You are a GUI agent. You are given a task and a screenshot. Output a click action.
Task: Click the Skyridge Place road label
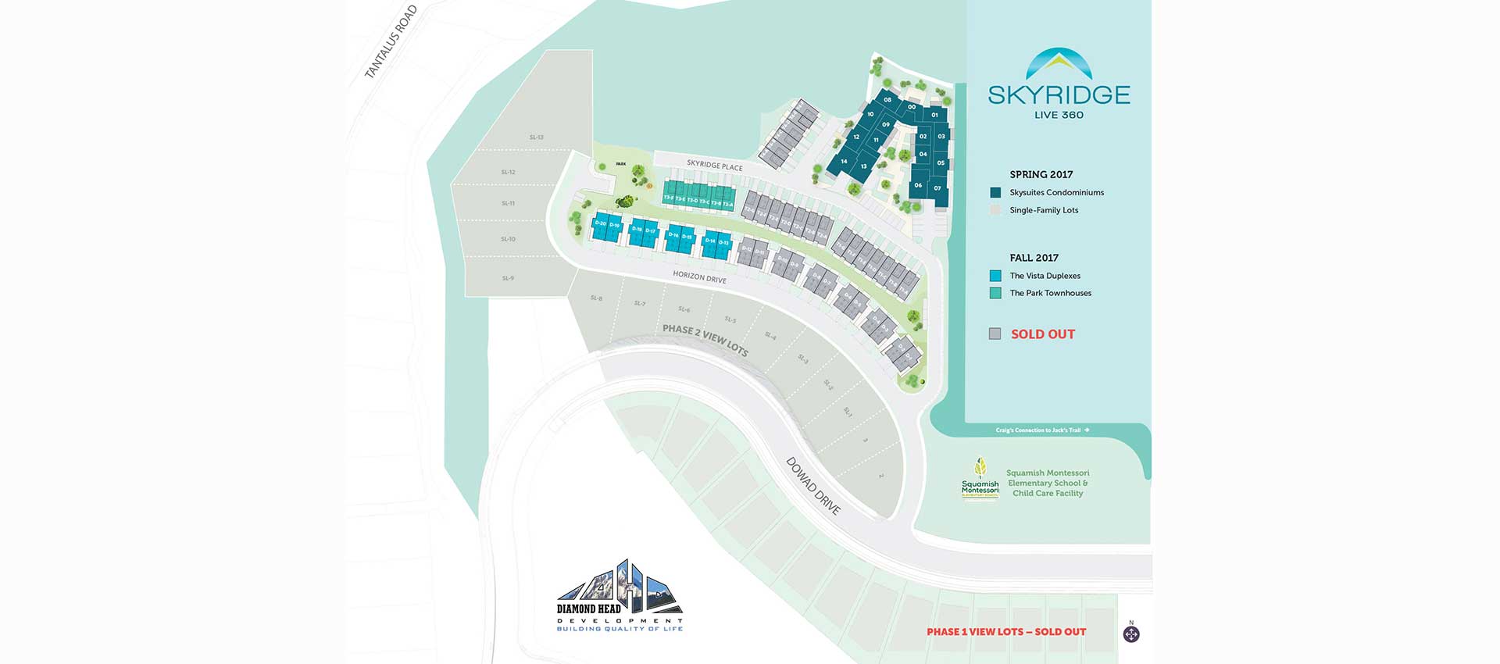point(714,166)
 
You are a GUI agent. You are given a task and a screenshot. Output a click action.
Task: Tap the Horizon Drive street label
point(699,277)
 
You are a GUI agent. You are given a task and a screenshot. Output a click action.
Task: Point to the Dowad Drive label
point(813,486)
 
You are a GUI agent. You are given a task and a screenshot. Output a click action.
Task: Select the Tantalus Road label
point(391,42)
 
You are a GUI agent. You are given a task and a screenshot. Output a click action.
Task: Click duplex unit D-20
point(600,224)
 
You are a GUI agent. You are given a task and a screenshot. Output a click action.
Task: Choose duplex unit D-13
point(724,243)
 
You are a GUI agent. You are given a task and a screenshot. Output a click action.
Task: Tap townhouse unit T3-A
point(728,204)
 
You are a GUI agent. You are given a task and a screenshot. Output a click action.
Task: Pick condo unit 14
point(844,162)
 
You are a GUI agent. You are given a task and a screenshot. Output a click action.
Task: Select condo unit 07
point(937,188)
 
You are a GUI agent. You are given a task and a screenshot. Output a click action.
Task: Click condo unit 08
point(887,100)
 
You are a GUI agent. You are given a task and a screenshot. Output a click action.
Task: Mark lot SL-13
point(536,137)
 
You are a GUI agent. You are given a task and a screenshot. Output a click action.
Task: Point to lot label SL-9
point(508,278)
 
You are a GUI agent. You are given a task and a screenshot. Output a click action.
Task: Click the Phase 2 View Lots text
point(705,339)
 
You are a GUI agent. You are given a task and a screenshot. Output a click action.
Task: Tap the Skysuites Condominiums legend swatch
point(995,192)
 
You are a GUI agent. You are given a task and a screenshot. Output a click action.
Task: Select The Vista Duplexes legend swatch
point(995,276)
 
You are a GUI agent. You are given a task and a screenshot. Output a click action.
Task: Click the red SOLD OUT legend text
point(1043,334)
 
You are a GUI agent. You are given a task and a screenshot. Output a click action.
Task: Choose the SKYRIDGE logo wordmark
point(1059,95)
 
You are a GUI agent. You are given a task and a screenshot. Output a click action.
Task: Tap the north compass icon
point(1131,634)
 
